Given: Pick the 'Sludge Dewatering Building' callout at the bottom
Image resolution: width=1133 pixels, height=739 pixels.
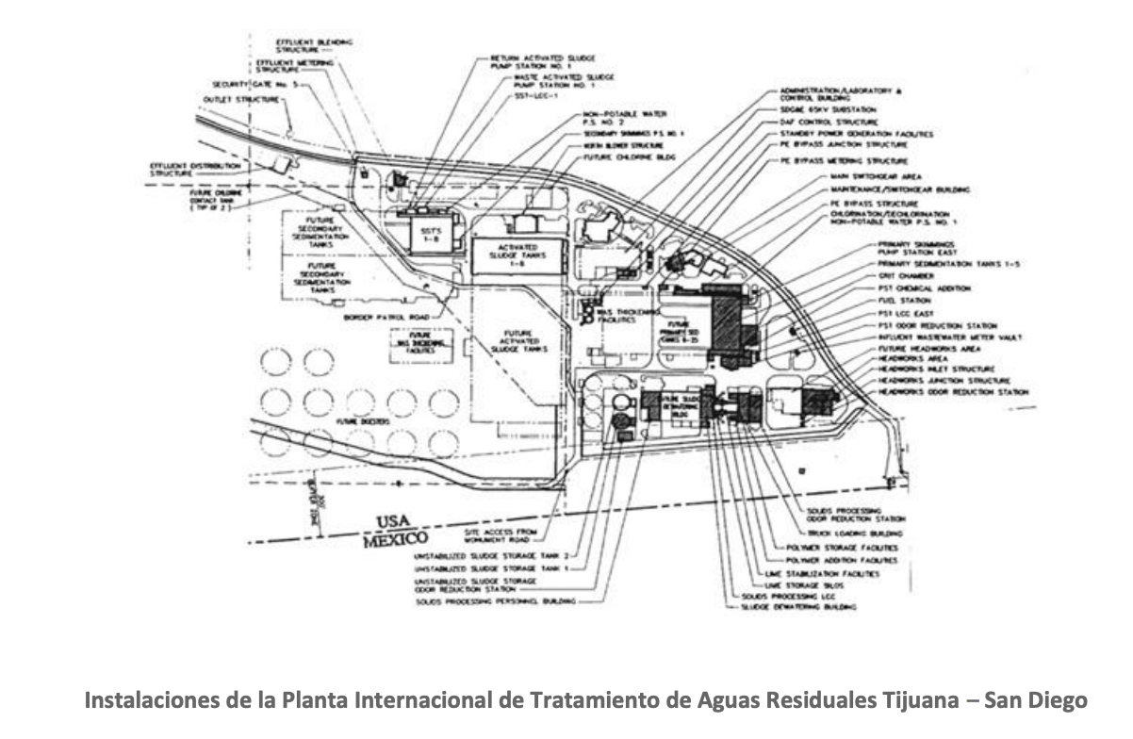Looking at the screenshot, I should click(802, 610).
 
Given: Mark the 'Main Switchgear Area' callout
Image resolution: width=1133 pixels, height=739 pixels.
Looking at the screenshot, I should click(875, 176).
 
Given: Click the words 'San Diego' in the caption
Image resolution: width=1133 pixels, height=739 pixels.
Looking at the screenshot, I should click(1037, 701).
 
